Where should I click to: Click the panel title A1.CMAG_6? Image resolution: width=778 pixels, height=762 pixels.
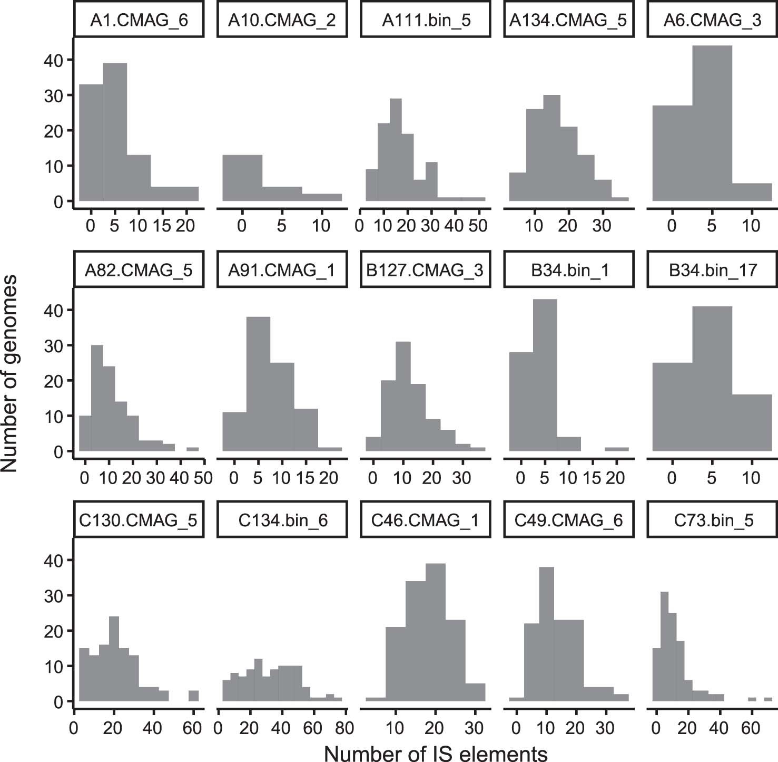[x=139, y=21]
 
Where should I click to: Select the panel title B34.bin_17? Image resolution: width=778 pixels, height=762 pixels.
[x=713, y=271]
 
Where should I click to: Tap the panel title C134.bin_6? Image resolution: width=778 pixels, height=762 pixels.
[x=282, y=520]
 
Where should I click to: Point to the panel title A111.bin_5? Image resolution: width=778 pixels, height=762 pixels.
[x=426, y=21]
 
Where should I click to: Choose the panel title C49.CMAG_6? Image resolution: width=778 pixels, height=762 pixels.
[x=569, y=520]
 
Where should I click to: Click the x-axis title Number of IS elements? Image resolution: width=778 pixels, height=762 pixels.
[x=436, y=754]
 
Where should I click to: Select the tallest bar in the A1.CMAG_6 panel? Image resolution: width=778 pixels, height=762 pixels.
[x=115, y=132]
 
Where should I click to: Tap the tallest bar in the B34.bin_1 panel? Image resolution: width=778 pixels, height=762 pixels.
[x=545, y=375]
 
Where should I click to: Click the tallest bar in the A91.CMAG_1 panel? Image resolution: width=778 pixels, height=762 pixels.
[x=258, y=384]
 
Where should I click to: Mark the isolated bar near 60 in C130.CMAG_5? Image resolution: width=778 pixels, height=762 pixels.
[x=193, y=696]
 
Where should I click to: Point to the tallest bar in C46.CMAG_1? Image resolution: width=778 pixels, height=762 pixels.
[x=435, y=632]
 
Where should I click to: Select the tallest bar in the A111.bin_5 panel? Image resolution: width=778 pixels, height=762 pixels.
[x=396, y=150]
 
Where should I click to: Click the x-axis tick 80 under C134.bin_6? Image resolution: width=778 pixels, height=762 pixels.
[x=344, y=728]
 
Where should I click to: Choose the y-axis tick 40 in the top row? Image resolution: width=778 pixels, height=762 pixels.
[x=53, y=61]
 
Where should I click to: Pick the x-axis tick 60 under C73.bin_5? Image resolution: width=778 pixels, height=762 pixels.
[x=751, y=728]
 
